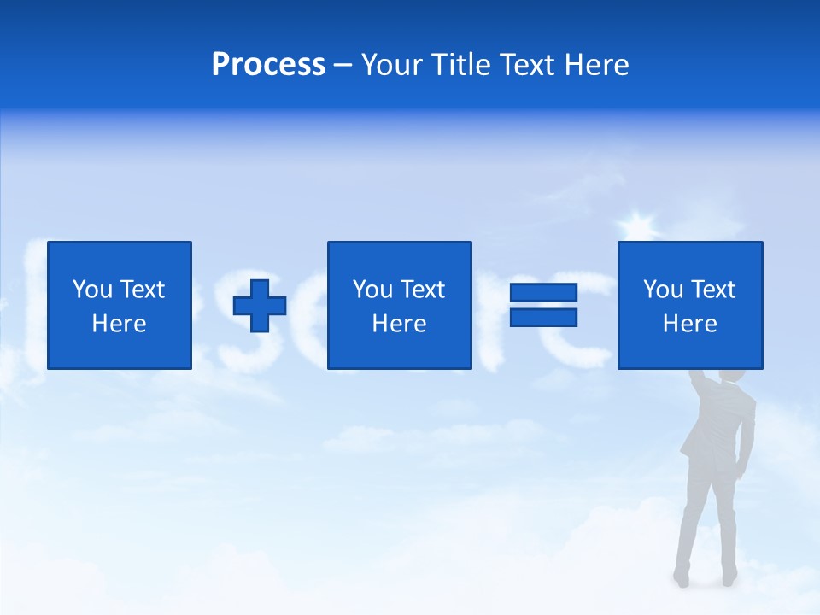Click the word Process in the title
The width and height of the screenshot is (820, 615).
pyautogui.click(x=268, y=65)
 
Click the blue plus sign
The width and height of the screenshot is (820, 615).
pyautogui.click(x=260, y=306)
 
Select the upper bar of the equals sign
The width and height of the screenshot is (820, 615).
pyautogui.click(x=543, y=293)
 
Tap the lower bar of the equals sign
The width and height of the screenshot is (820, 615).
pyautogui.click(x=543, y=317)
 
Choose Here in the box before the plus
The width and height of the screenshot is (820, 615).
pyautogui.click(x=119, y=324)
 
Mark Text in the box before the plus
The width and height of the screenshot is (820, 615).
pyautogui.click(x=142, y=290)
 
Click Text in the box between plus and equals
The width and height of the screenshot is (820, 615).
pyautogui.click(x=422, y=290)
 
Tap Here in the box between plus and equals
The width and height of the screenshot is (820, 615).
pyautogui.click(x=399, y=324)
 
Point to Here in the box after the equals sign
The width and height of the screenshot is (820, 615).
pyautogui.click(x=689, y=324)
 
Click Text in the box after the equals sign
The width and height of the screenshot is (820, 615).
pyautogui.click(x=712, y=290)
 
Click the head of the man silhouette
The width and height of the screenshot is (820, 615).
pyautogui.click(x=733, y=375)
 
